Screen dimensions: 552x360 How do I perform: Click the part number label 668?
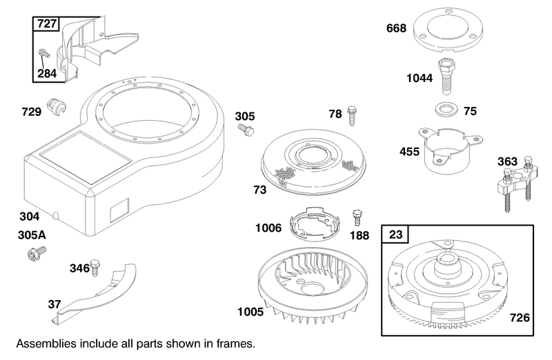coord(396,28)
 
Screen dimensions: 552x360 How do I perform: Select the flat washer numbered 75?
coord(446,110)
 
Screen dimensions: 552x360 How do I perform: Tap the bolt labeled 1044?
coord(446,77)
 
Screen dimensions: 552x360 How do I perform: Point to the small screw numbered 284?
coord(44,53)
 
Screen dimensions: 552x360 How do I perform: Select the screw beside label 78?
coord(352,114)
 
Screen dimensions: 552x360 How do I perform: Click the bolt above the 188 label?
coord(357,218)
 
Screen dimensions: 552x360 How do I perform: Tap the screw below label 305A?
coord(37,253)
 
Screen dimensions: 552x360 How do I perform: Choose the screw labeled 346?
coord(95,268)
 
